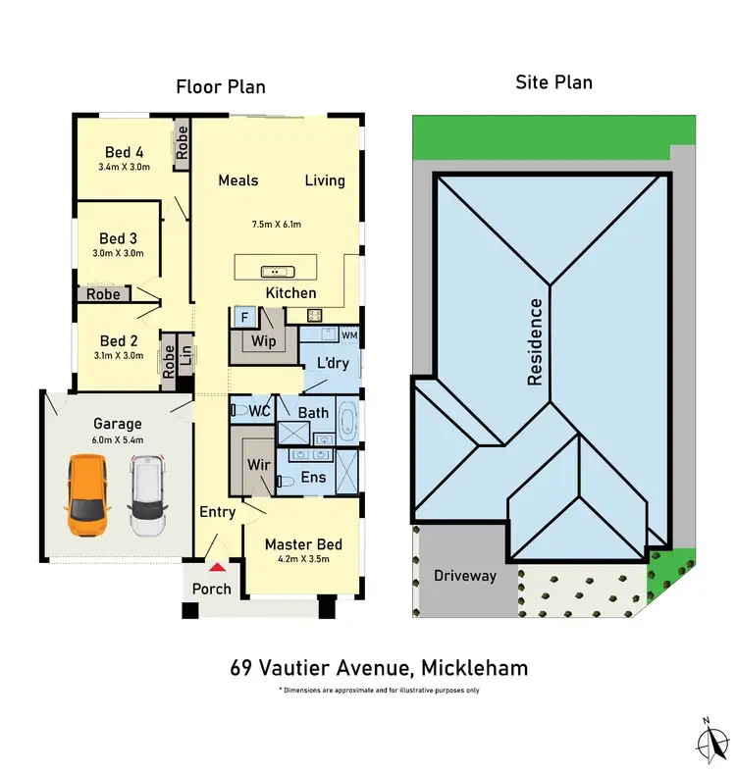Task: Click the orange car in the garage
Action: click(x=87, y=495)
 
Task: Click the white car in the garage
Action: click(x=147, y=497)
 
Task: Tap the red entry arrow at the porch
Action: click(x=216, y=567)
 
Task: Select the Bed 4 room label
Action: click(x=125, y=152)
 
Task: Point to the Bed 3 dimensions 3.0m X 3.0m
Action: click(x=118, y=253)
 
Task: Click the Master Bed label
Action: click(x=302, y=544)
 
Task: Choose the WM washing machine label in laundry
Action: click(x=349, y=335)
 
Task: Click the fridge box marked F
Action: click(x=243, y=317)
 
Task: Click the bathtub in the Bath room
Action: click(x=349, y=419)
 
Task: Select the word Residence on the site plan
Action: click(x=536, y=341)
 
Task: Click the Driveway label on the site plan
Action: click(x=465, y=576)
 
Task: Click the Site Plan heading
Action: click(x=553, y=82)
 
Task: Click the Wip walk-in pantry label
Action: click(x=263, y=342)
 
